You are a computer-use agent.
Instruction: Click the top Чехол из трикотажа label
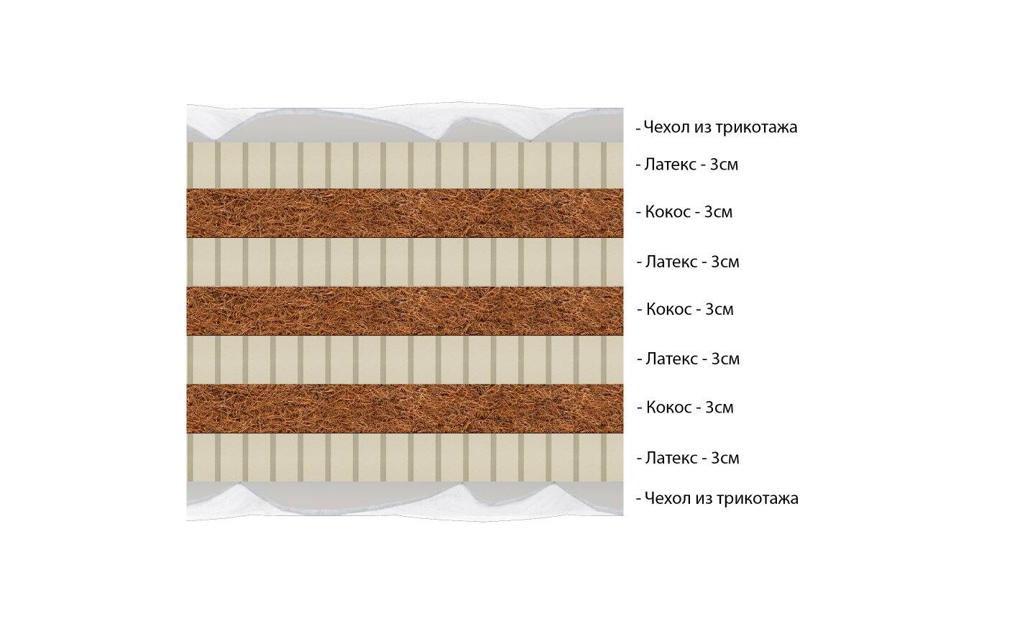(717, 128)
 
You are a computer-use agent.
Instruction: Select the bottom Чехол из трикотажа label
(718, 498)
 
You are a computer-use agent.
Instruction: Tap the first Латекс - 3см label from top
(688, 165)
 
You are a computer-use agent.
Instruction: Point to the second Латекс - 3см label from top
(689, 262)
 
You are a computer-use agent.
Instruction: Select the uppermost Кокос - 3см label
(685, 212)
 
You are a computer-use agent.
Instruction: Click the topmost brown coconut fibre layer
(405, 213)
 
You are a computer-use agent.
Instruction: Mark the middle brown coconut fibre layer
(405, 310)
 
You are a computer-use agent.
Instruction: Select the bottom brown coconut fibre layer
(405, 408)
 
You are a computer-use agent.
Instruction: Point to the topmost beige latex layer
(405, 165)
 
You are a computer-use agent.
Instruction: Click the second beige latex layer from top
(405, 262)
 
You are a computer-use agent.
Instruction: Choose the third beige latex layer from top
(405, 359)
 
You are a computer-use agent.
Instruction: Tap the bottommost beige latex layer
(405, 457)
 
